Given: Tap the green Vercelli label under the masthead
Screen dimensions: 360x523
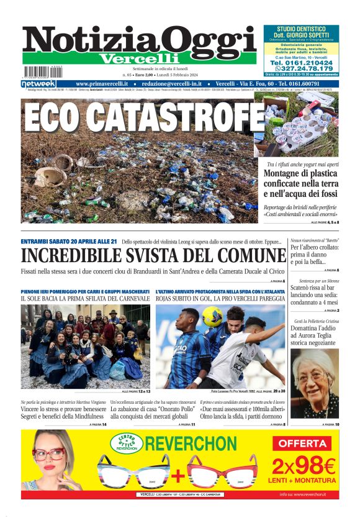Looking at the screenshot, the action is pyautogui.click(x=139, y=58).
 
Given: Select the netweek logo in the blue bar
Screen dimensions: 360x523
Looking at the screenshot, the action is pyautogui.click(x=38, y=84).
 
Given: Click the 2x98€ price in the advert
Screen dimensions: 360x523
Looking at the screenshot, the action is pyautogui.click(x=302, y=465).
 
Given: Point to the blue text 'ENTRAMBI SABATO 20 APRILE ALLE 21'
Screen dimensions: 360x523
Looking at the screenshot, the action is pyautogui.click(x=69, y=241).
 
